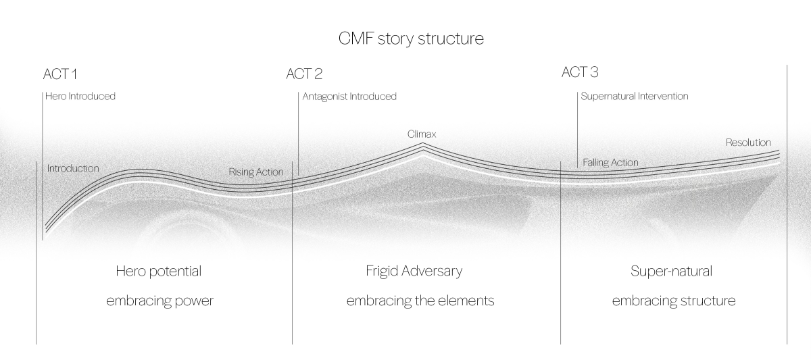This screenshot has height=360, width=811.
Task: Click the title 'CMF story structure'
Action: [x=411, y=38]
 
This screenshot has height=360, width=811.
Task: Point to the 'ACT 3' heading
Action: [x=579, y=72]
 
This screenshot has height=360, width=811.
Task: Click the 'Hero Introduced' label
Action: [x=80, y=96]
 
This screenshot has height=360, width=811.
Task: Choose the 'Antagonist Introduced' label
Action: [x=349, y=97]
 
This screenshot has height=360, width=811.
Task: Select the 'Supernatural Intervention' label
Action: [x=634, y=97]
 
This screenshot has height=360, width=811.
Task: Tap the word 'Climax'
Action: [x=422, y=134]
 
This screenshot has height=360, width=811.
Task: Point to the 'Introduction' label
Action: [x=73, y=168]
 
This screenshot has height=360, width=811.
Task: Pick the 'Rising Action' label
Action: [x=256, y=172]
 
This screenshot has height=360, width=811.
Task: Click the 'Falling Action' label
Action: [x=610, y=163]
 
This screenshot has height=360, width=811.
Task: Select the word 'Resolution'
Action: [x=748, y=143]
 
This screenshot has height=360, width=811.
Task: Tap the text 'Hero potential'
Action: [x=159, y=272]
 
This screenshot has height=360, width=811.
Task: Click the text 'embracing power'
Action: [x=159, y=301]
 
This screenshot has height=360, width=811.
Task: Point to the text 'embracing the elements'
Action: [x=420, y=301]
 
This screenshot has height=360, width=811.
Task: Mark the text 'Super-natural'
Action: [x=671, y=272]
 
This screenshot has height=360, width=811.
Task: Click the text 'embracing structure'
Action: [x=673, y=301]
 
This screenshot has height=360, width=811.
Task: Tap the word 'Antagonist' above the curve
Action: [x=324, y=97]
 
